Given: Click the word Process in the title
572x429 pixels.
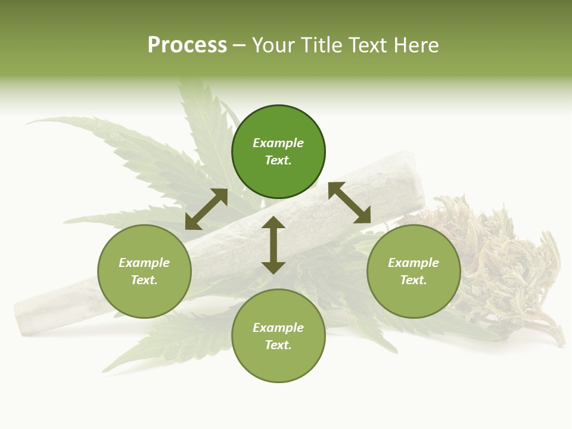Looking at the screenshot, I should click(x=187, y=45).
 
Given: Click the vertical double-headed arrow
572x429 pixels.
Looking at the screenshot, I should click(x=273, y=245).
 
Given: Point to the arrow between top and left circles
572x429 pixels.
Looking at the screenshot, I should click(x=206, y=209).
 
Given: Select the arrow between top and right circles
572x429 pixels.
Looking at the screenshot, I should click(x=349, y=203).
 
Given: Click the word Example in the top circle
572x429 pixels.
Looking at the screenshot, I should click(x=278, y=143).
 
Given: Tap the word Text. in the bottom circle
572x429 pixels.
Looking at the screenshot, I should click(x=278, y=345).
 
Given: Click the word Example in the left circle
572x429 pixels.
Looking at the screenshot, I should click(x=144, y=263).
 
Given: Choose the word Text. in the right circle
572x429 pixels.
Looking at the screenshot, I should click(x=414, y=280).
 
